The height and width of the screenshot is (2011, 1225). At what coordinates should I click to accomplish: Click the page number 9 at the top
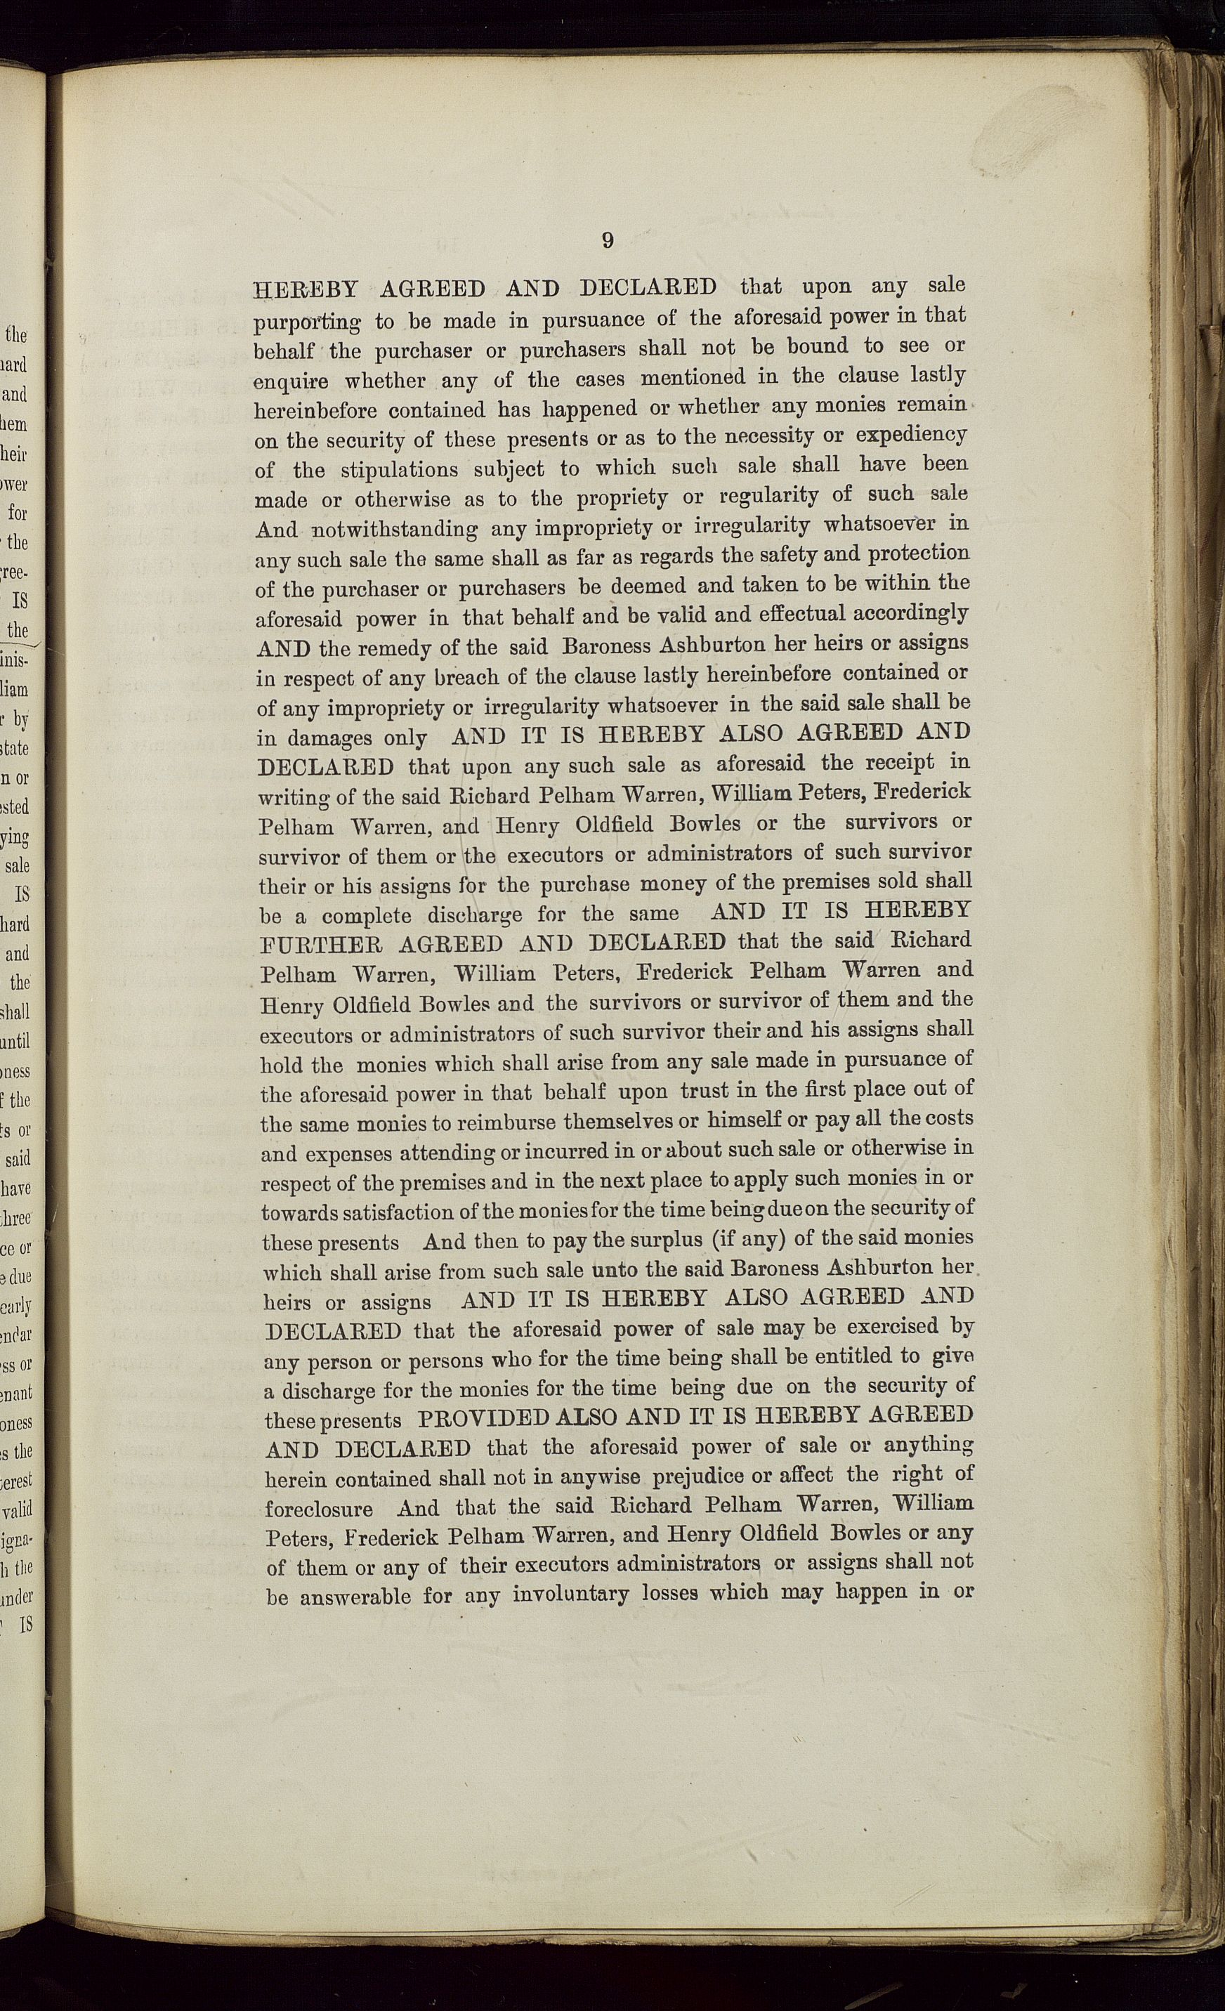tap(607, 240)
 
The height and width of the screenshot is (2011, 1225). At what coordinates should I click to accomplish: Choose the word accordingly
tap(913, 614)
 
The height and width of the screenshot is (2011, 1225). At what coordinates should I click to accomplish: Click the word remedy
tap(397, 649)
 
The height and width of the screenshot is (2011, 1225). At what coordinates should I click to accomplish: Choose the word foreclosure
tap(319, 1508)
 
